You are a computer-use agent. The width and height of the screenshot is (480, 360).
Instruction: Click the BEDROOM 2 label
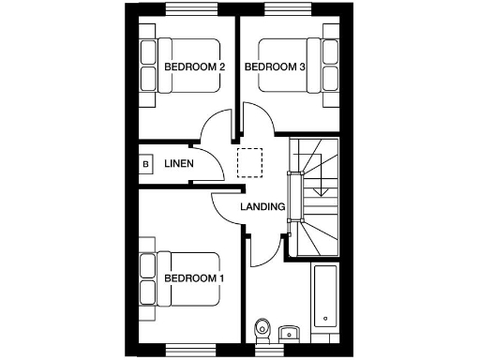click(x=195, y=67)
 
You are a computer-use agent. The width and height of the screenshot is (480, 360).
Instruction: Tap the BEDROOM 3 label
click(x=275, y=67)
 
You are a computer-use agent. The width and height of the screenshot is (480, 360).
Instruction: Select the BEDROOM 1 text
click(x=194, y=278)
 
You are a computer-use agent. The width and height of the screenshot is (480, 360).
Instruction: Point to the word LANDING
click(x=262, y=206)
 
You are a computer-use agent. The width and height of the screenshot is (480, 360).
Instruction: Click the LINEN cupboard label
click(x=179, y=164)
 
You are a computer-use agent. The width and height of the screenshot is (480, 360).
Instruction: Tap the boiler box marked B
click(x=145, y=165)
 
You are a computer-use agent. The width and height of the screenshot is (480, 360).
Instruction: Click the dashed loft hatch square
click(x=250, y=161)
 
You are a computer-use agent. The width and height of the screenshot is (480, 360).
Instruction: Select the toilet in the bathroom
click(x=262, y=328)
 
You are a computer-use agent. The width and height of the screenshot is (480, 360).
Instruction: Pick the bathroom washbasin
click(x=288, y=332)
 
